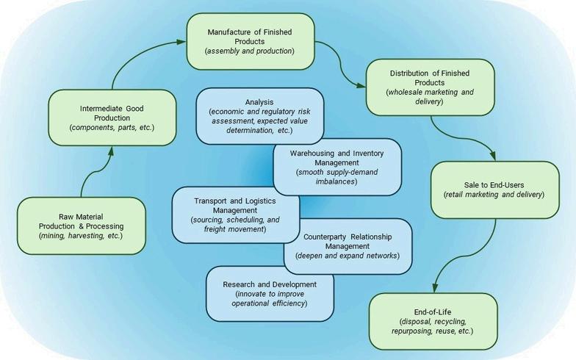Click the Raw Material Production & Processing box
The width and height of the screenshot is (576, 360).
click(81, 225)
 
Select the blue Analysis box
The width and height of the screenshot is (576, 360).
click(259, 115)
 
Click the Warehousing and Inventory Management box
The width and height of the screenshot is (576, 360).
click(337, 167)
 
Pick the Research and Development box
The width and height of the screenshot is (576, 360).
click(271, 293)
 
